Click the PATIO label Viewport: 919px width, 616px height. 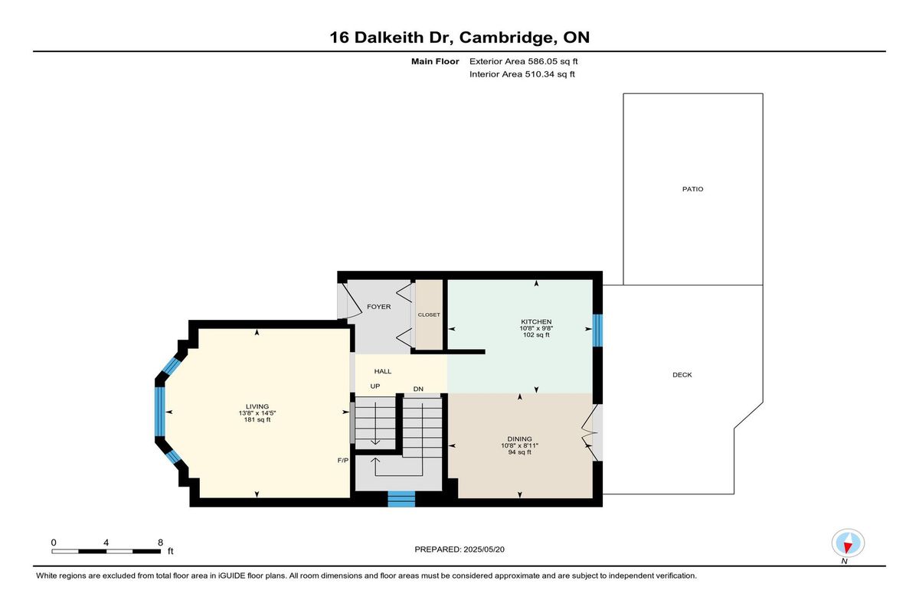(692, 189)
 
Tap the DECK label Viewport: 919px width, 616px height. (682, 375)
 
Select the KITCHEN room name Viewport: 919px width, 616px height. (536, 321)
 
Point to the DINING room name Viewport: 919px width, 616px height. (519, 439)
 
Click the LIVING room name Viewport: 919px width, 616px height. (257, 406)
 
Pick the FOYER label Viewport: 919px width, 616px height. (378, 307)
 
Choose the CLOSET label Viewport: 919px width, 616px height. (429, 315)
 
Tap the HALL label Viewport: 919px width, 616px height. (383, 371)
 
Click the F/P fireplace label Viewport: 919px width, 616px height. (343, 460)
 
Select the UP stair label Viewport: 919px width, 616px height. (375, 386)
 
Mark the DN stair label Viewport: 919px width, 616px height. (418, 389)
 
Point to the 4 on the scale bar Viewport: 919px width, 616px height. (106, 543)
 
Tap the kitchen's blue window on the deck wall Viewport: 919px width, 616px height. (598, 331)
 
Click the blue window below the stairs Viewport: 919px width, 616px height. (401, 499)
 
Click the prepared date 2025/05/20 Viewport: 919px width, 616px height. (484, 549)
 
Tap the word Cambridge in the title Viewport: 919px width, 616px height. (505, 37)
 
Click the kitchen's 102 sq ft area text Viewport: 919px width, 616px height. (536, 335)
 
